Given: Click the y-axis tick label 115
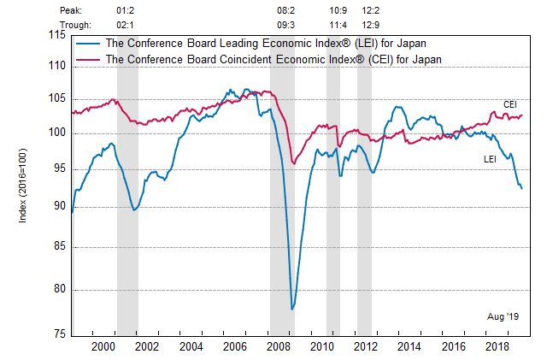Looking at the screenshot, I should (x=58, y=34).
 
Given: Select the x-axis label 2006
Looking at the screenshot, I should (x=235, y=346).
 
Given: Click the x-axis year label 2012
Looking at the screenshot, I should (x=366, y=346).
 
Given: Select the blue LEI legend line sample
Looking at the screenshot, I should (x=87, y=43).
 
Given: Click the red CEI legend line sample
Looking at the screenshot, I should (x=87, y=59).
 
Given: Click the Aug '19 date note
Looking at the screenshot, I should (x=503, y=316).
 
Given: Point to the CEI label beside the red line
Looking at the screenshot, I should (x=510, y=104).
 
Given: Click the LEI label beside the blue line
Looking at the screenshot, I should (x=491, y=159).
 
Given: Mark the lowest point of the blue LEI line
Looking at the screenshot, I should (x=292, y=309).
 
